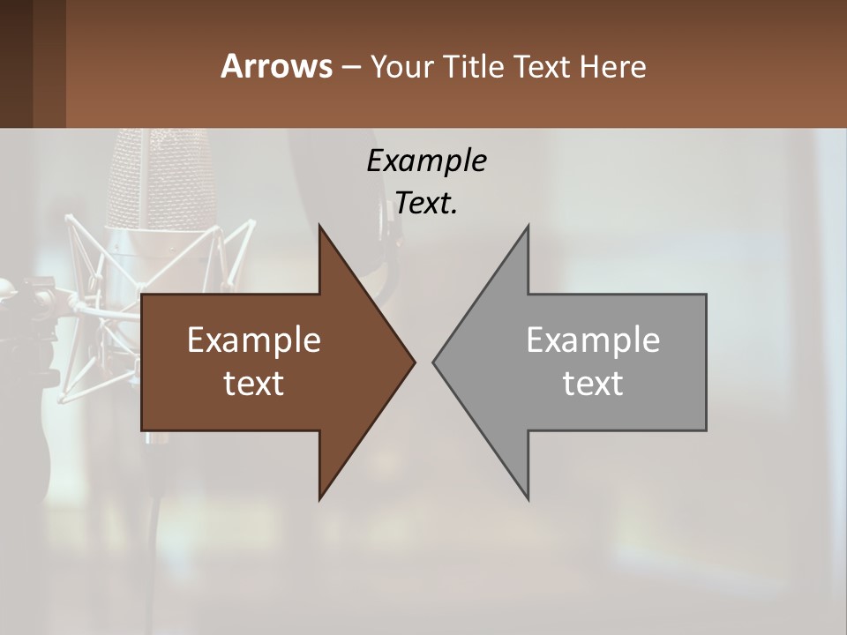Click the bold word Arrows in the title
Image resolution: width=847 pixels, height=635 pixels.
click(275, 66)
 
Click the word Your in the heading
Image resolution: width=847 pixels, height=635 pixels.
click(401, 67)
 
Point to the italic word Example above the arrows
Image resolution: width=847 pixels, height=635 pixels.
click(426, 161)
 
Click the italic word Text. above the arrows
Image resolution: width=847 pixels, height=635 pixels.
click(426, 204)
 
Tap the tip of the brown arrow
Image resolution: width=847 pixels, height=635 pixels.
click(414, 362)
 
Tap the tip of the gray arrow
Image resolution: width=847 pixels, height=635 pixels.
click(434, 362)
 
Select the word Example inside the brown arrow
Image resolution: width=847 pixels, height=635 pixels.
click(254, 340)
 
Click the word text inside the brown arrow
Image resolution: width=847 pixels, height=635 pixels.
click(254, 384)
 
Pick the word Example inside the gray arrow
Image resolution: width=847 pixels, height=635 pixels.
click(593, 340)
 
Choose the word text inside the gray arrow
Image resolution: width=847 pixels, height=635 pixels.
click(593, 384)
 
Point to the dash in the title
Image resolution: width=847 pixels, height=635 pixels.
click(350, 67)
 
